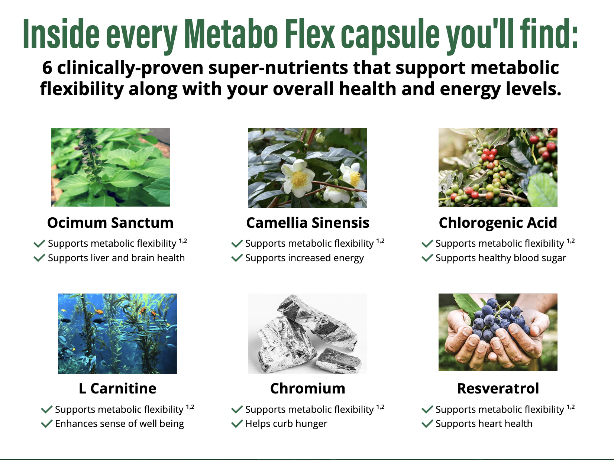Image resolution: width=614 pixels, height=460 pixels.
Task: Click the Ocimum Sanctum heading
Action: point(110,223)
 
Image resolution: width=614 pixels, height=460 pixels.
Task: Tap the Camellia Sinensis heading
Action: point(308,223)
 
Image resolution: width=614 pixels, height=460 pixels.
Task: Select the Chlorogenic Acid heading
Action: point(498,223)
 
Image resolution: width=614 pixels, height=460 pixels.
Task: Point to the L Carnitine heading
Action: point(117,388)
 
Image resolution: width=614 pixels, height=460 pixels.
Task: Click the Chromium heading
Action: point(308,388)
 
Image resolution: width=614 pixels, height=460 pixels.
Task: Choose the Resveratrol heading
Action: point(498,388)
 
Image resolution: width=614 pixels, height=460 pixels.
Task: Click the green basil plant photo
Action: point(110,167)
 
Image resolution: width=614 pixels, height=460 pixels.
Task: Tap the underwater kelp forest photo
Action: point(117,334)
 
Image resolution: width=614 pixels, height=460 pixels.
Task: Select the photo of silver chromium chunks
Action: point(308,334)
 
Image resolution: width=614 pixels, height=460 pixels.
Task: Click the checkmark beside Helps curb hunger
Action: point(237,424)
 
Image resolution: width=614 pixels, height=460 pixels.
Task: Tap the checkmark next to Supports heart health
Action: point(427,424)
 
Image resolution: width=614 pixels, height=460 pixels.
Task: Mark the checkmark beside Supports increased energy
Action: point(237,258)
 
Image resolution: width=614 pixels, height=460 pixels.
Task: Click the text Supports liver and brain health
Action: point(116,258)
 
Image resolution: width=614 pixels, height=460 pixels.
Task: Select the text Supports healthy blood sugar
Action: point(501,258)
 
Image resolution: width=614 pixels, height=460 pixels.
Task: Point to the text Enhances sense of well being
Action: point(119,424)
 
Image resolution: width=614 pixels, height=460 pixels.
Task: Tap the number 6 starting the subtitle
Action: point(47,68)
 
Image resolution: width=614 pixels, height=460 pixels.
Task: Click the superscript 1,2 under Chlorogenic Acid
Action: point(571,241)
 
